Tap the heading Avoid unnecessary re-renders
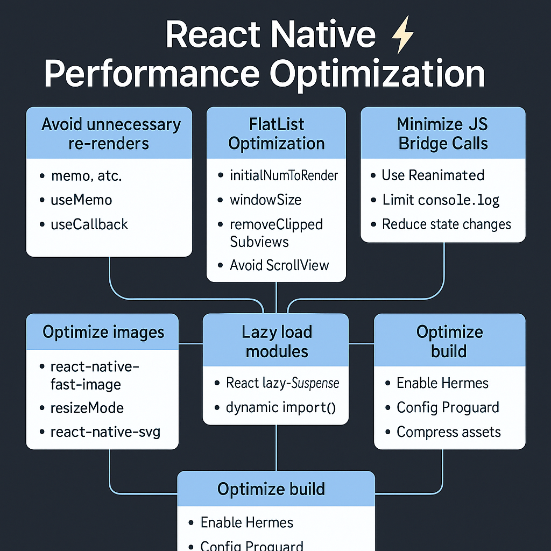click(x=111, y=134)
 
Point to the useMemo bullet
click(x=81, y=200)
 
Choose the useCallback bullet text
click(x=89, y=224)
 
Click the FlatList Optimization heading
click(x=277, y=134)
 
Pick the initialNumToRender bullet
click(x=284, y=175)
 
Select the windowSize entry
click(x=265, y=200)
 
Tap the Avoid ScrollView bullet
click(x=279, y=265)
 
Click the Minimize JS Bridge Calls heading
click(x=442, y=134)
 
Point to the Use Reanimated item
click(x=433, y=175)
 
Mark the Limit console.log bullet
click(x=441, y=200)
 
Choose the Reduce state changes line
click(x=446, y=224)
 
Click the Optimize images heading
click(x=103, y=332)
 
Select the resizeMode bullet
click(x=87, y=407)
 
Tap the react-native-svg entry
click(x=105, y=432)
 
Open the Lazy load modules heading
click(x=277, y=342)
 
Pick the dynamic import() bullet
click(x=281, y=407)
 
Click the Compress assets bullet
click(x=448, y=432)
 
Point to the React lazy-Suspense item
click(x=282, y=383)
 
